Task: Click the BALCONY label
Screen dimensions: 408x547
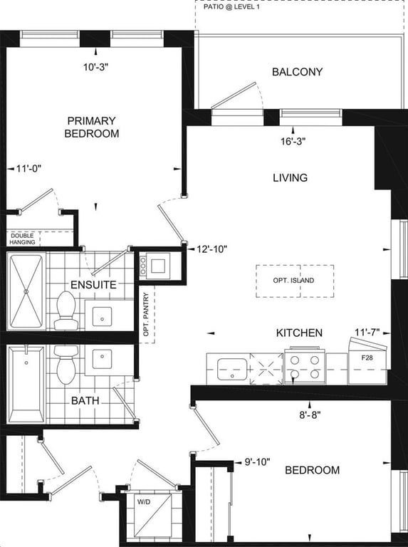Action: pyautogui.click(x=297, y=72)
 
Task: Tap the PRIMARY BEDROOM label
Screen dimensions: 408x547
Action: pyautogui.click(x=92, y=127)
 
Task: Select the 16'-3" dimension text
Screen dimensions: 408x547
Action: pyautogui.click(x=293, y=142)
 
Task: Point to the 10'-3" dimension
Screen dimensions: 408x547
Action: pyautogui.click(x=96, y=68)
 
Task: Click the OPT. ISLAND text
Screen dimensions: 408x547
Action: pyautogui.click(x=293, y=281)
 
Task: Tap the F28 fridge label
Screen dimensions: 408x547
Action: pyautogui.click(x=367, y=358)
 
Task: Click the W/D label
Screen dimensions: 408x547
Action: pyautogui.click(x=144, y=502)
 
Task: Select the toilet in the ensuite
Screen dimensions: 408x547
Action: pyautogui.click(x=66, y=311)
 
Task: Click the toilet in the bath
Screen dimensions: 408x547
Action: pyautogui.click(x=66, y=365)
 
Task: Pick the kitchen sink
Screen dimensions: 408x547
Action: pyautogui.click(x=232, y=369)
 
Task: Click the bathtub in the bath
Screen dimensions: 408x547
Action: pyautogui.click(x=26, y=384)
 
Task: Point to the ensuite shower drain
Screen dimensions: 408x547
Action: pyautogui.click(x=26, y=291)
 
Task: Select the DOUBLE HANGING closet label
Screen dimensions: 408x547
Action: pyautogui.click(x=22, y=239)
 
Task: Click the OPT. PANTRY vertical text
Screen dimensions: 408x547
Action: pyautogui.click(x=146, y=315)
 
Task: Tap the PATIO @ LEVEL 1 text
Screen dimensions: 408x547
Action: pyautogui.click(x=231, y=6)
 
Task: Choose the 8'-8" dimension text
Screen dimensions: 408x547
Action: pyautogui.click(x=309, y=415)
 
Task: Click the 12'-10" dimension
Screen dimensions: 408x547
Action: pyautogui.click(x=212, y=249)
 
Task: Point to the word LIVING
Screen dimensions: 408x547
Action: pyautogui.click(x=290, y=177)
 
